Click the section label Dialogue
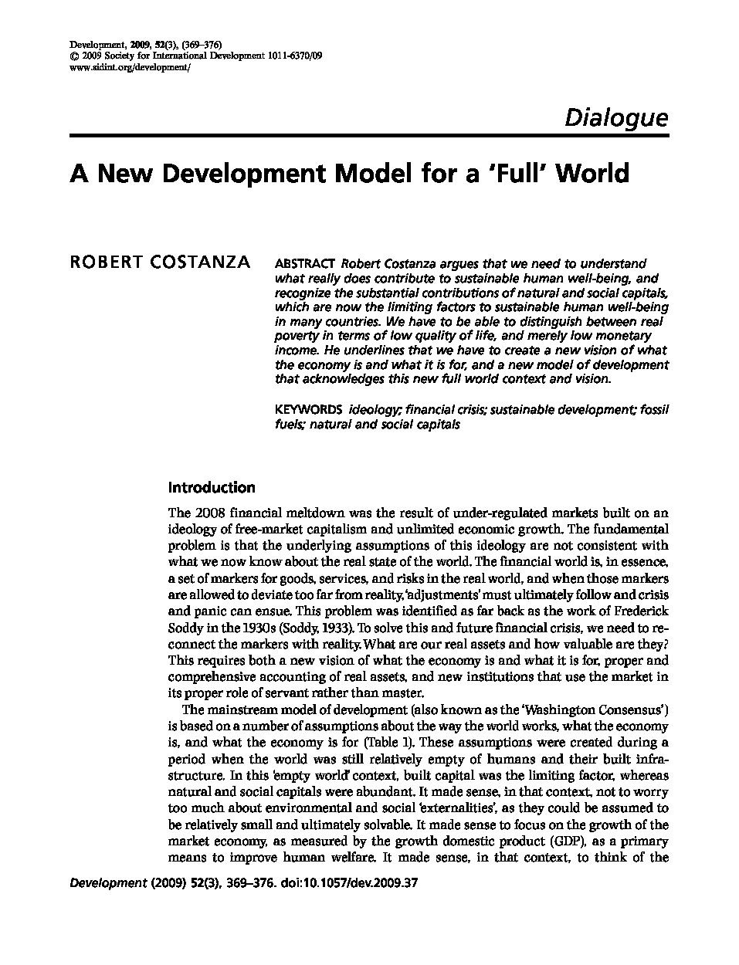click(615, 117)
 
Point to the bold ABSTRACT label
click(304, 264)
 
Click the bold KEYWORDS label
click(308, 409)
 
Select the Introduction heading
click(211, 488)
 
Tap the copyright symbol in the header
click(73, 56)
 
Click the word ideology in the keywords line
click(375, 409)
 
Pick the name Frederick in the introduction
click(639, 611)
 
